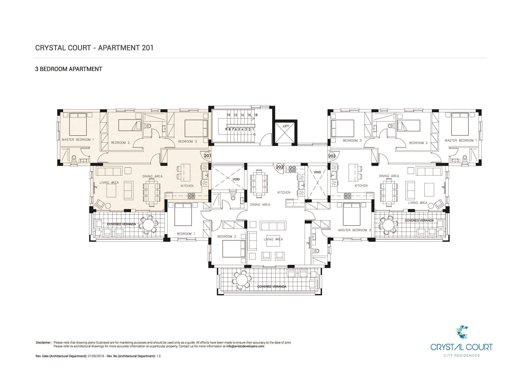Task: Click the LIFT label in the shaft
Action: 286,126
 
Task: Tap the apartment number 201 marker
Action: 207,156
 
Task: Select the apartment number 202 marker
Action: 280,167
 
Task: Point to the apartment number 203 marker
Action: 332,156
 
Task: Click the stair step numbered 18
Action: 256,115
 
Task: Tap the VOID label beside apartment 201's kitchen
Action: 236,179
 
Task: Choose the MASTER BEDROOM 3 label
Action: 354,230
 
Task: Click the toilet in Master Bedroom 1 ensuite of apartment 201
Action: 74,158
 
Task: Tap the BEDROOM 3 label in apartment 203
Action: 352,141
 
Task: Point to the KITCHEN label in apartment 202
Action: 284,193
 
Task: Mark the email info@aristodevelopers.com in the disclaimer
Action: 245,346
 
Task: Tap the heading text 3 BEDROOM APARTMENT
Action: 69,69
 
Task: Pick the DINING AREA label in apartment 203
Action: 389,176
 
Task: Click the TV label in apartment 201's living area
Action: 96,187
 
